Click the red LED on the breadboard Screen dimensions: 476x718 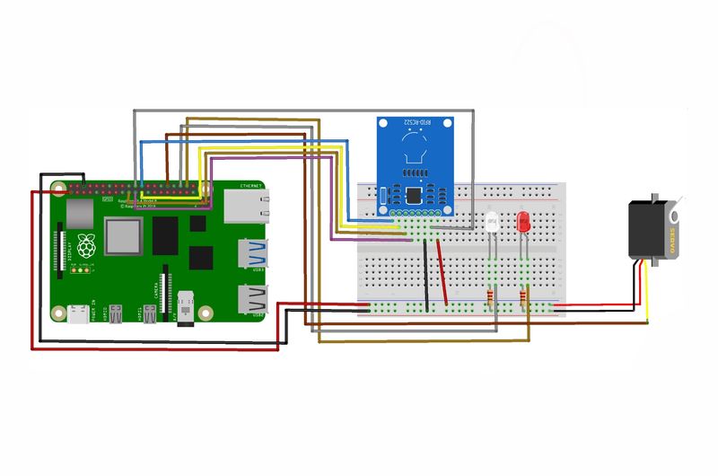point(522,223)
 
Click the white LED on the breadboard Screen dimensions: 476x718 point(491,223)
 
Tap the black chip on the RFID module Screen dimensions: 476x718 point(414,193)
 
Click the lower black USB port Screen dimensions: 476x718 point(250,299)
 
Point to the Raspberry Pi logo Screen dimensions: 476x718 point(87,245)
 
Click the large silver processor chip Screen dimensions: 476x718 point(123,236)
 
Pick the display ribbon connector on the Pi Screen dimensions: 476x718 point(64,247)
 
